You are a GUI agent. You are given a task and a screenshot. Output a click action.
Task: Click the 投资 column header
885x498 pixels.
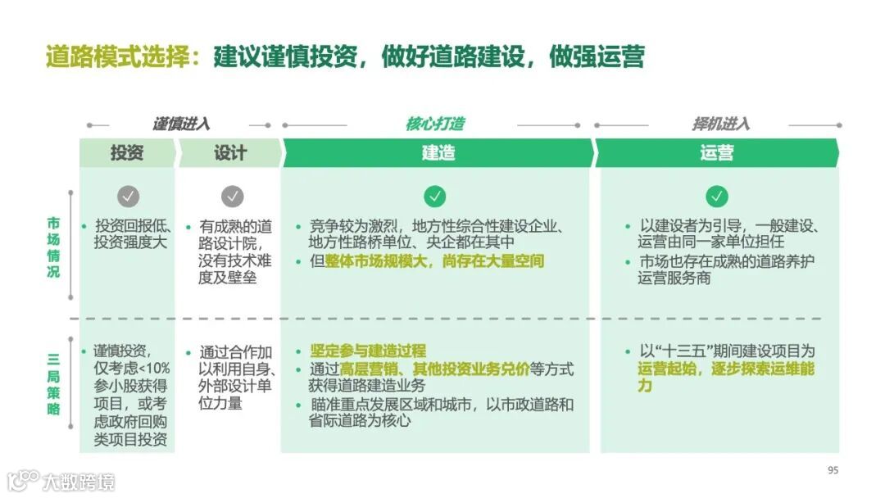click(127, 153)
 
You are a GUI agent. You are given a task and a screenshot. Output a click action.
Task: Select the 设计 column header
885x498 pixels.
click(230, 153)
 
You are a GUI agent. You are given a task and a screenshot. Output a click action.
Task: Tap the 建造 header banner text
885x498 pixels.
click(438, 153)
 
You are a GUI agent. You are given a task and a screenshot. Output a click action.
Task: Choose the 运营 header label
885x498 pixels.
click(716, 153)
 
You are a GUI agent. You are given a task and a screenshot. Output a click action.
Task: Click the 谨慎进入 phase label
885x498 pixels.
click(180, 124)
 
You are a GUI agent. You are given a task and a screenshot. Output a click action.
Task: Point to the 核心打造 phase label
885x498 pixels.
click(434, 124)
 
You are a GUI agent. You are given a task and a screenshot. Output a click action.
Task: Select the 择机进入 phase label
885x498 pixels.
click(720, 124)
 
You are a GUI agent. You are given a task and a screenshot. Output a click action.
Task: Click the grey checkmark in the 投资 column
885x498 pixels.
click(128, 197)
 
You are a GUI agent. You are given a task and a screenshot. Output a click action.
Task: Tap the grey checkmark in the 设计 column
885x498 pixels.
click(233, 197)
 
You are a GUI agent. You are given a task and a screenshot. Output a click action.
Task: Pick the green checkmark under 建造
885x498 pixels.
click(435, 197)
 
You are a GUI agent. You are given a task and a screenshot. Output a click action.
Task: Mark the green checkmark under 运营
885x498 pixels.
click(717, 197)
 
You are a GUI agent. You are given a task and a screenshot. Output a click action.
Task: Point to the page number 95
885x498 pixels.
click(833, 470)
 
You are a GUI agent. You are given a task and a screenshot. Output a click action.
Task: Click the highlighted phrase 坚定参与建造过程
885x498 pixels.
click(368, 351)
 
